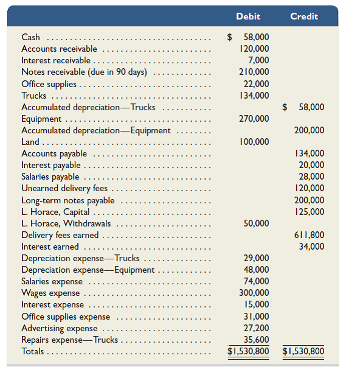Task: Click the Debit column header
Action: (x=248, y=16)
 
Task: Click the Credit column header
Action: (x=303, y=16)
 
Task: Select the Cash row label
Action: (x=30, y=37)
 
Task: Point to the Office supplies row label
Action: (x=49, y=84)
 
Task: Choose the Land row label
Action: (x=30, y=142)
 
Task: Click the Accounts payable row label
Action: (x=54, y=153)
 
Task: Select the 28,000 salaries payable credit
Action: (x=312, y=177)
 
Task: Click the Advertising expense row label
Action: (x=60, y=328)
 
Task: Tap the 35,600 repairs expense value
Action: (x=257, y=340)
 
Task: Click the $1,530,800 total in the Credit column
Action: (x=303, y=351)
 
